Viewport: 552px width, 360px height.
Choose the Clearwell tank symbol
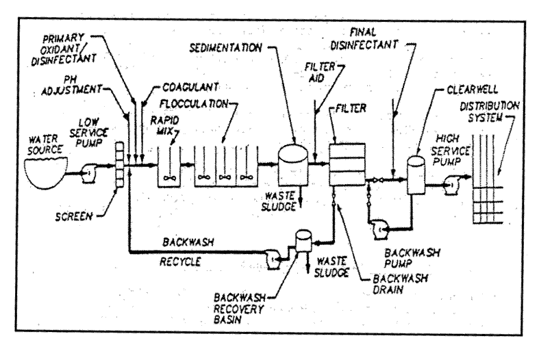pos(416,175)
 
